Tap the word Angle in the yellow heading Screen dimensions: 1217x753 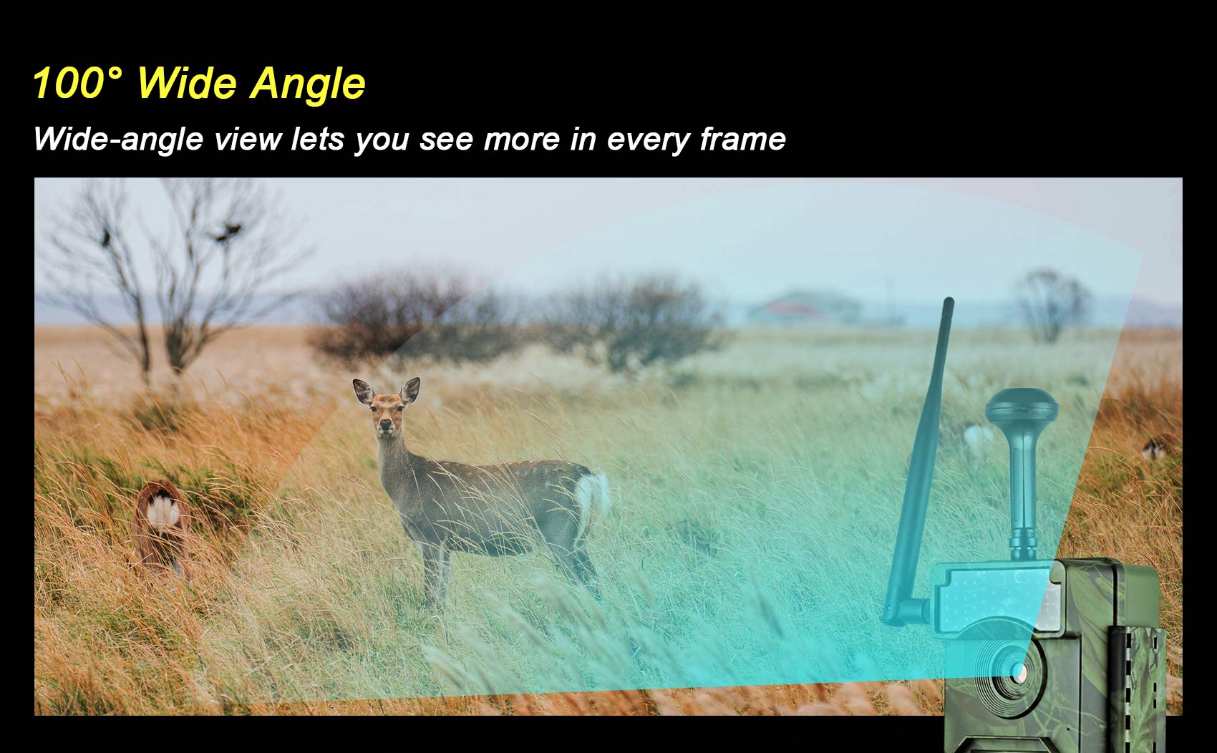(x=308, y=84)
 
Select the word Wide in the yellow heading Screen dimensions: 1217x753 (x=188, y=82)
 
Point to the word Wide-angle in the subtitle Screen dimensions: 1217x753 (x=118, y=140)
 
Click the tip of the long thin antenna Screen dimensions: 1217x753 (x=949, y=301)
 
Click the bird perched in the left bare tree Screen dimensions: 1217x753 (x=106, y=237)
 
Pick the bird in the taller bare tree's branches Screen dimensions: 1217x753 (x=228, y=232)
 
